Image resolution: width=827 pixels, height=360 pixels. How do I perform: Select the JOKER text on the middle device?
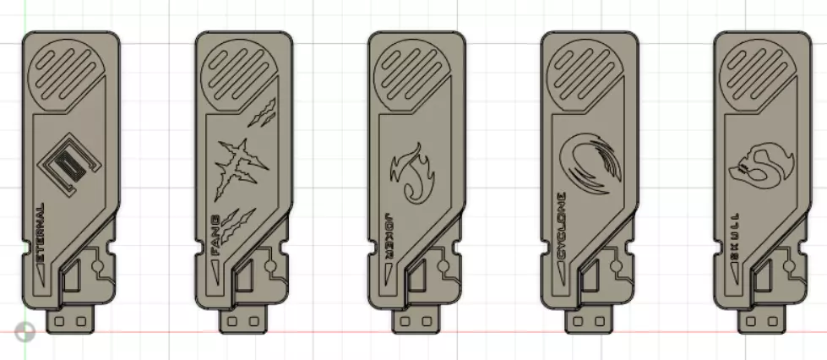(388, 227)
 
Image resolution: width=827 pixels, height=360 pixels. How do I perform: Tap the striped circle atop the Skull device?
(758, 71)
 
